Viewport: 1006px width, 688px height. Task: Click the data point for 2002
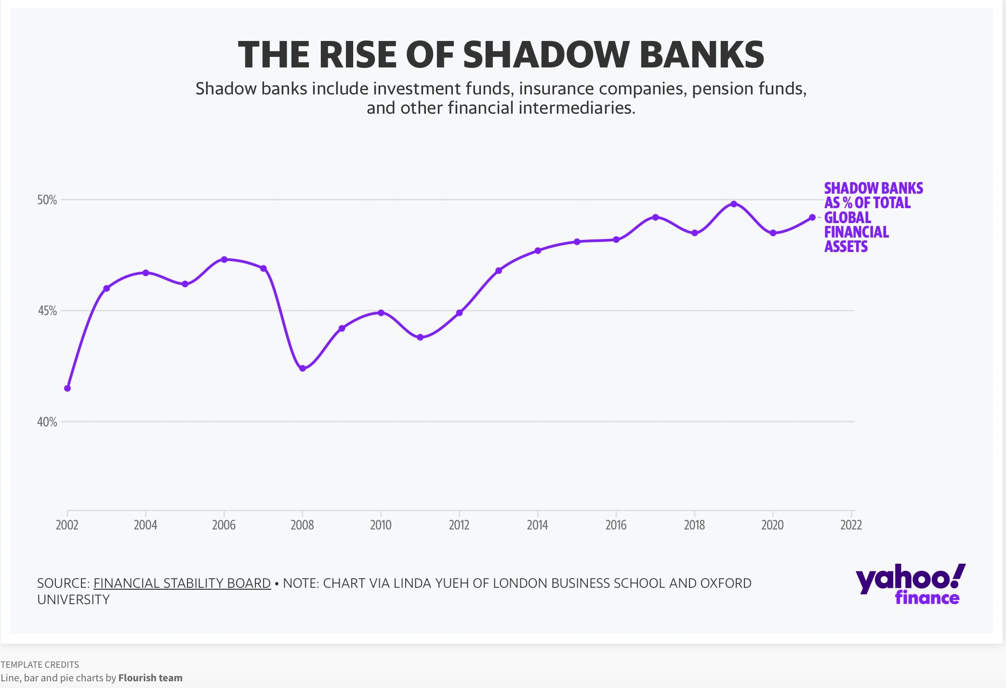tap(67, 388)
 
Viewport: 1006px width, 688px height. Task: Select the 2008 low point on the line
tap(303, 369)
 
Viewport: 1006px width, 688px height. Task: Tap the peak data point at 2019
tap(734, 204)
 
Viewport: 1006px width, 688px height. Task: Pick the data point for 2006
tap(224, 259)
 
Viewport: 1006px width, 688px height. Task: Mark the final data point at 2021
tap(812, 217)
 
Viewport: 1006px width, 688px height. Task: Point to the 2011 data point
tap(420, 337)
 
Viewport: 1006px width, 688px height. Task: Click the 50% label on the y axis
tap(47, 200)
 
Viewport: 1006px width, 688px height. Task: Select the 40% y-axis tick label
tap(47, 422)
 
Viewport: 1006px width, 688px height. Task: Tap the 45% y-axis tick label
tap(47, 311)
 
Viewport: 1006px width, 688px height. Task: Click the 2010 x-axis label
tap(381, 525)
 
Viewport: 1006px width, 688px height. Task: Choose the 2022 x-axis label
tap(851, 525)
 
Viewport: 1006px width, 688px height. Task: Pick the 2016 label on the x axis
tap(616, 525)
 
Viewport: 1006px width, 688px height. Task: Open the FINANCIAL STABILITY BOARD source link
tap(182, 583)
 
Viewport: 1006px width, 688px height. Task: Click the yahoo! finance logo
tap(910, 584)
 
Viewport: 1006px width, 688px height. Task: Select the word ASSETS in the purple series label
tap(846, 247)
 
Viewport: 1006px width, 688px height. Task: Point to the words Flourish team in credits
tap(150, 678)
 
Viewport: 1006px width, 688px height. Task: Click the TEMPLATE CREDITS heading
tap(40, 664)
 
